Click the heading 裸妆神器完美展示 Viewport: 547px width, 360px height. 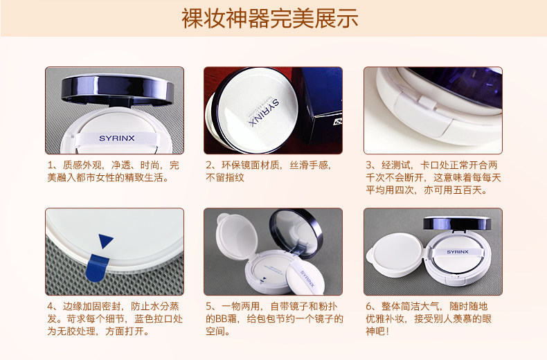pos(269,18)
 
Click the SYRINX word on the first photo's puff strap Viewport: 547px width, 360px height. pos(117,138)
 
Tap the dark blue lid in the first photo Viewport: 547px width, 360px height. pos(117,89)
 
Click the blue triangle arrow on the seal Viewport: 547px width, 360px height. pos(105,241)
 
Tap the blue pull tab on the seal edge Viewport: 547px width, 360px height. pos(97,267)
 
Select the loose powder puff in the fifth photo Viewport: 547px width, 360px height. pos(306,275)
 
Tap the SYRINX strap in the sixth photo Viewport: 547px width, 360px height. pos(458,252)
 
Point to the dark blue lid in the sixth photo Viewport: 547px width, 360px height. pos(457,223)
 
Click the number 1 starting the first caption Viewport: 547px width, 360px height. pos(51,165)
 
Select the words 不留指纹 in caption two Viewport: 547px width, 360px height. pos(225,177)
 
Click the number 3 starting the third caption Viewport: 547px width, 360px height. pos(369,165)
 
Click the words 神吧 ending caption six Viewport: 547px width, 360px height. pos(375,331)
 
